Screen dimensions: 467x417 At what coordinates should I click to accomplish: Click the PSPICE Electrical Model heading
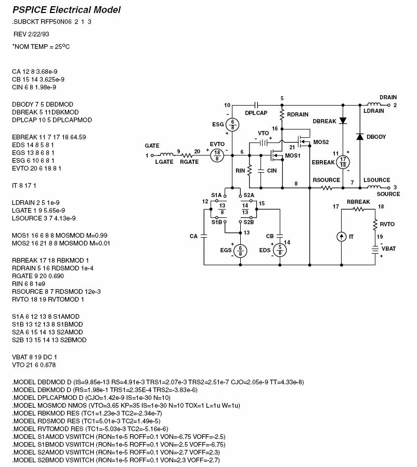(x=66, y=10)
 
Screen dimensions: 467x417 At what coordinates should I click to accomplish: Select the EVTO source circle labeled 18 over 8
(x=217, y=155)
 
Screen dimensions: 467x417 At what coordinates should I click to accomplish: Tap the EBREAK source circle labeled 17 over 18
(x=342, y=162)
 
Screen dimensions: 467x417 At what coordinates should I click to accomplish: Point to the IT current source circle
(x=341, y=237)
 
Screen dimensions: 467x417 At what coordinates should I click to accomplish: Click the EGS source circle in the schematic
(x=240, y=251)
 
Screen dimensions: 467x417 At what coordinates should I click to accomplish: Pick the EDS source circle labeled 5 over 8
(x=279, y=250)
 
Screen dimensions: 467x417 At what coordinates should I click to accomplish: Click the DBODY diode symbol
(x=359, y=137)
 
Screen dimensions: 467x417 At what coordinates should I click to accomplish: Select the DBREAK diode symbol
(x=343, y=121)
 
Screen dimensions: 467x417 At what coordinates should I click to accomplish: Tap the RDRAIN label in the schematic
(x=298, y=115)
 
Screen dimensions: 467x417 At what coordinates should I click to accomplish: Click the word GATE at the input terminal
(x=152, y=146)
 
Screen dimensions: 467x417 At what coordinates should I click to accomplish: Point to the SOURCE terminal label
(x=388, y=194)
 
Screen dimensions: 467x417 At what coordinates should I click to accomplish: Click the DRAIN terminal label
(x=388, y=97)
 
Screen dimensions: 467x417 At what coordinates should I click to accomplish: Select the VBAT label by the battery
(x=389, y=249)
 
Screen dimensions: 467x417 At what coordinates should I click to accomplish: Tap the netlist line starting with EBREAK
(x=49, y=137)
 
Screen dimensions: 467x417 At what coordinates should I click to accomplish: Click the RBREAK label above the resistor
(x=358, y=202)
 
